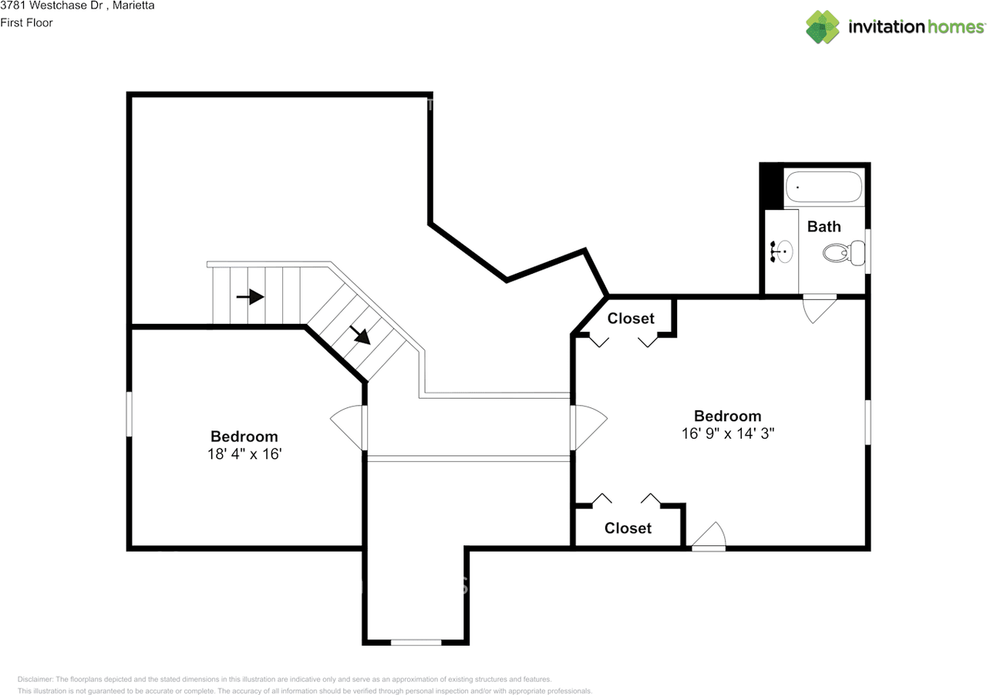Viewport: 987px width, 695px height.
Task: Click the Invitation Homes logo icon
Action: click(x=823, y=27)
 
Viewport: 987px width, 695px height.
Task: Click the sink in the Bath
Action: click(x=782, y=251)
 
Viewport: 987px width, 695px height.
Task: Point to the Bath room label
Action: click(x=824, y=226)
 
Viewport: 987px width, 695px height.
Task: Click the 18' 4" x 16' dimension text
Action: click(x=244, y=454)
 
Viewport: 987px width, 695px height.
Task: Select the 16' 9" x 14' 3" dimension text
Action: click(x=727, y=434)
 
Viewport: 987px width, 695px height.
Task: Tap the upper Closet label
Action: click(x=630, y=319)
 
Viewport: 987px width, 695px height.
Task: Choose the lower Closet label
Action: click(x=628, y=528)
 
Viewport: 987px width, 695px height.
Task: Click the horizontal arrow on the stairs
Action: click(x=251, y=297)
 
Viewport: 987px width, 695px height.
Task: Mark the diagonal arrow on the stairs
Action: click(x=359, y=334)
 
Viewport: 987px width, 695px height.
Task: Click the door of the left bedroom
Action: click(x=349, y=427)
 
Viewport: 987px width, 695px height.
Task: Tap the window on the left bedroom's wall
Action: click(x=130, y=415)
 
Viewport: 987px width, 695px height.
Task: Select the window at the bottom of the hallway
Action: click(x=416, y=642)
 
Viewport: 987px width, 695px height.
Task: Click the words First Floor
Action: click(x=26, y=22)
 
